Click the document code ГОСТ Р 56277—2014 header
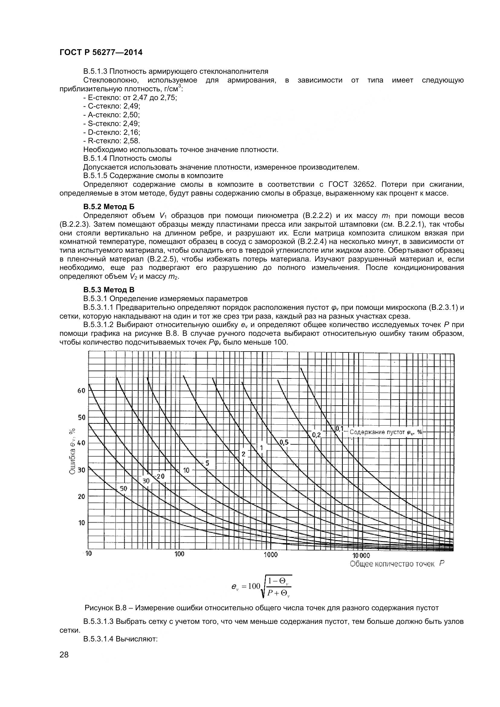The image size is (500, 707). [101, 53]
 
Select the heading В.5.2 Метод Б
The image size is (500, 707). [109, 207]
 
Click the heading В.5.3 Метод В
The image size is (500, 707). [109, 290]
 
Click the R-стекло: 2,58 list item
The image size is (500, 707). [112, 141]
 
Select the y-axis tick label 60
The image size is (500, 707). [81, 391]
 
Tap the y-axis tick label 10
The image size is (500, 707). [81, 523]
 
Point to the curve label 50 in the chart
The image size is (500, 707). [123, 488]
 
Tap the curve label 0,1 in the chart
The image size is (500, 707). [339, 429]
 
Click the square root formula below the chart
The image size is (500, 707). [261, 586]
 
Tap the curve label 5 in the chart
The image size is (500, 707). [207, 463]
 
